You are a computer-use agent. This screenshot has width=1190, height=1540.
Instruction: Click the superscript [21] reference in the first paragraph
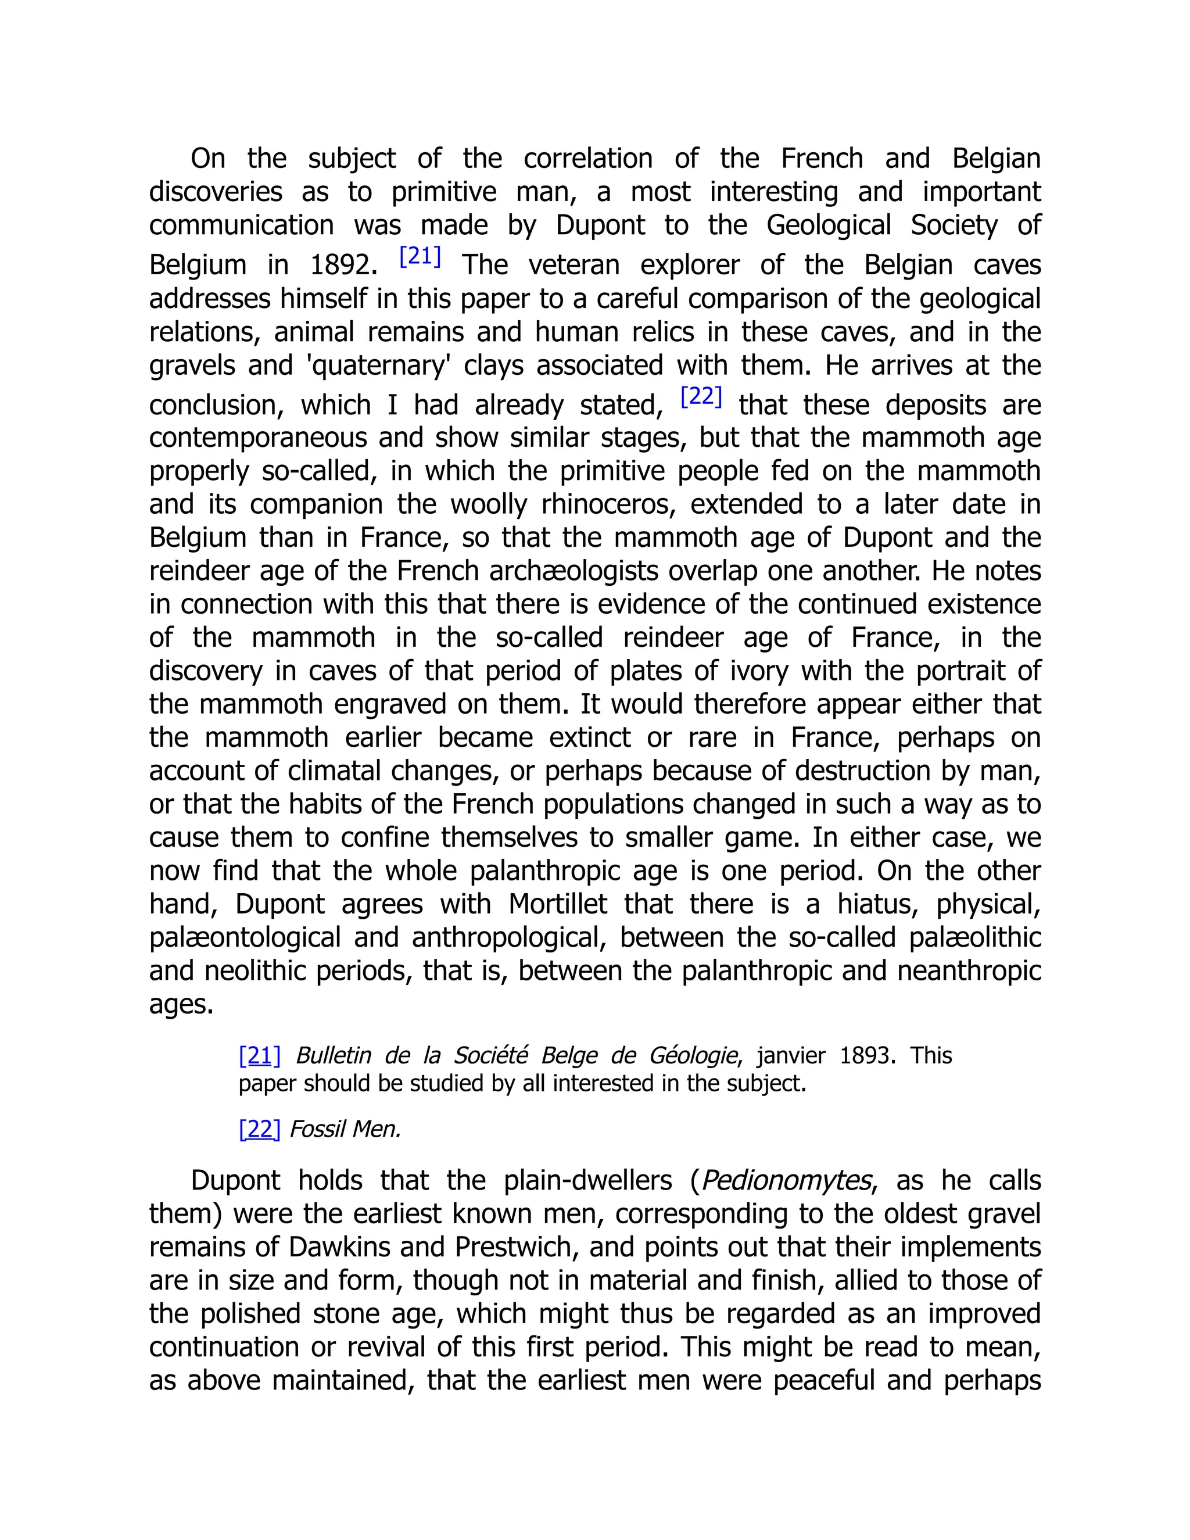(420, 257)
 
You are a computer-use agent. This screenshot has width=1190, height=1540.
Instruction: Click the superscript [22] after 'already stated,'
(701, 397)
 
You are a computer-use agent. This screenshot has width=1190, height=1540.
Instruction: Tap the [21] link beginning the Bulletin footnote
(259, 1055)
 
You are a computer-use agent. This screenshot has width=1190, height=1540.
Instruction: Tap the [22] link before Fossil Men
(259, 1129)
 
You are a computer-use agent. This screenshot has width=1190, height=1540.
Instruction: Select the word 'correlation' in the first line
(588, 159)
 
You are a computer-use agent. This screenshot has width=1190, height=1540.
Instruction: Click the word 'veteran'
(573, 265)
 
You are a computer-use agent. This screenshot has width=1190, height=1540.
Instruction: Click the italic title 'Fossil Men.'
(345, 1129)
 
